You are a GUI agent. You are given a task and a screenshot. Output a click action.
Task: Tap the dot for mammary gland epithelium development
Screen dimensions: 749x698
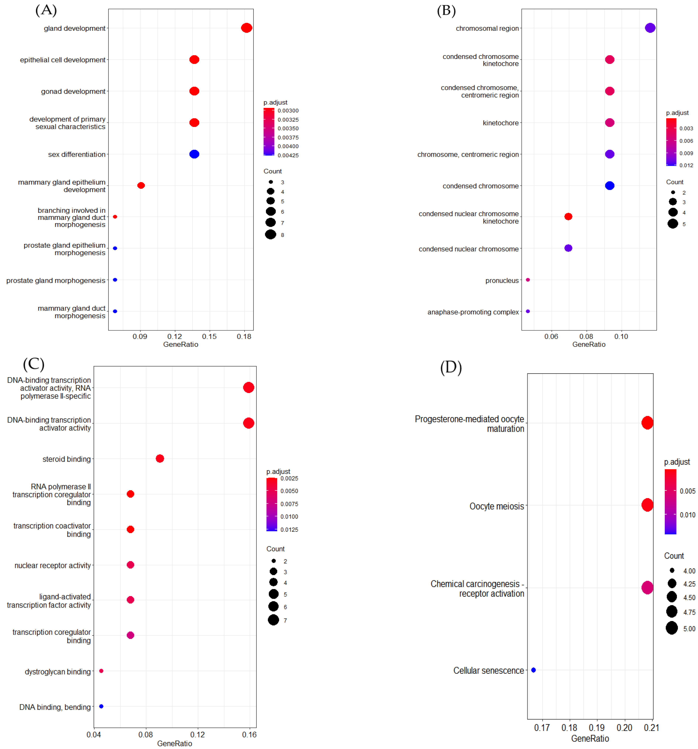coord(141,185)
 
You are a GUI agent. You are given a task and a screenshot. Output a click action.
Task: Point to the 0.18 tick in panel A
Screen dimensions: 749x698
coord(244,336)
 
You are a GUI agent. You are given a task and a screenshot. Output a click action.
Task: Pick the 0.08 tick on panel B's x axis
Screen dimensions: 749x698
coord(586,336)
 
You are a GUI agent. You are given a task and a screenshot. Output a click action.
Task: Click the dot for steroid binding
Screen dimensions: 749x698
coord(160,458)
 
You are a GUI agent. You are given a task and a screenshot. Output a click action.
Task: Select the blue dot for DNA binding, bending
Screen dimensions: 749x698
coord(101,707)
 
